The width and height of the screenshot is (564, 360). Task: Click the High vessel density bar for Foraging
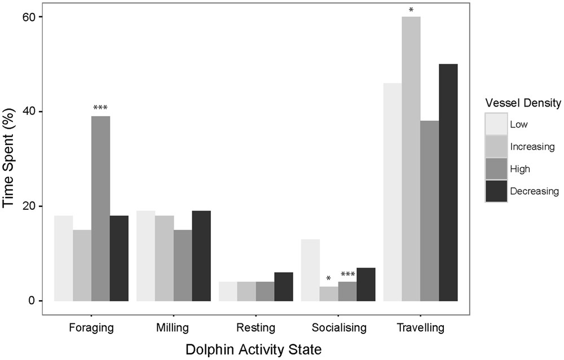point(100,208)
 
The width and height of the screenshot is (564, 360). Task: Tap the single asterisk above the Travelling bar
point(411,10)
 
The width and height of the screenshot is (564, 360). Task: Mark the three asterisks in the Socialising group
point(347,275)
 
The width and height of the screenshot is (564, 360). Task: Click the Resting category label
point(255,327)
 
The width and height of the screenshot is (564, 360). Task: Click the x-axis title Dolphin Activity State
point(255,350)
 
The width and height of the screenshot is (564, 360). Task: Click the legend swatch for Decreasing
point(496,191)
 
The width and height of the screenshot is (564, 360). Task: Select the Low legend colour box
point(496,124)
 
